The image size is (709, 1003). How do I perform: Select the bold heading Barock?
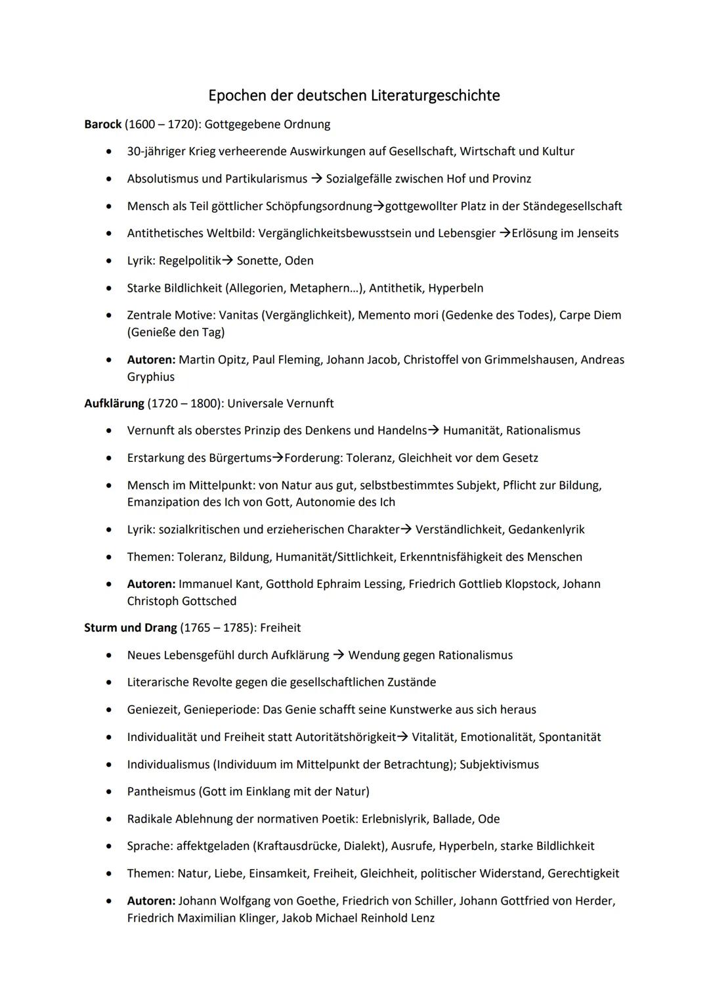tap(103, 124)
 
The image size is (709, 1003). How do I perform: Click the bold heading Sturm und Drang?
tap(130, 628)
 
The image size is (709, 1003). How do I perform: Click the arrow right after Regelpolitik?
tap(227, 261)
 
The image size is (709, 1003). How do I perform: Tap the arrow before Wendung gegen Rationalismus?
tap(339, 656)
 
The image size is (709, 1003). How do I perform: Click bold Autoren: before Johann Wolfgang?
tap(151, 901)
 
